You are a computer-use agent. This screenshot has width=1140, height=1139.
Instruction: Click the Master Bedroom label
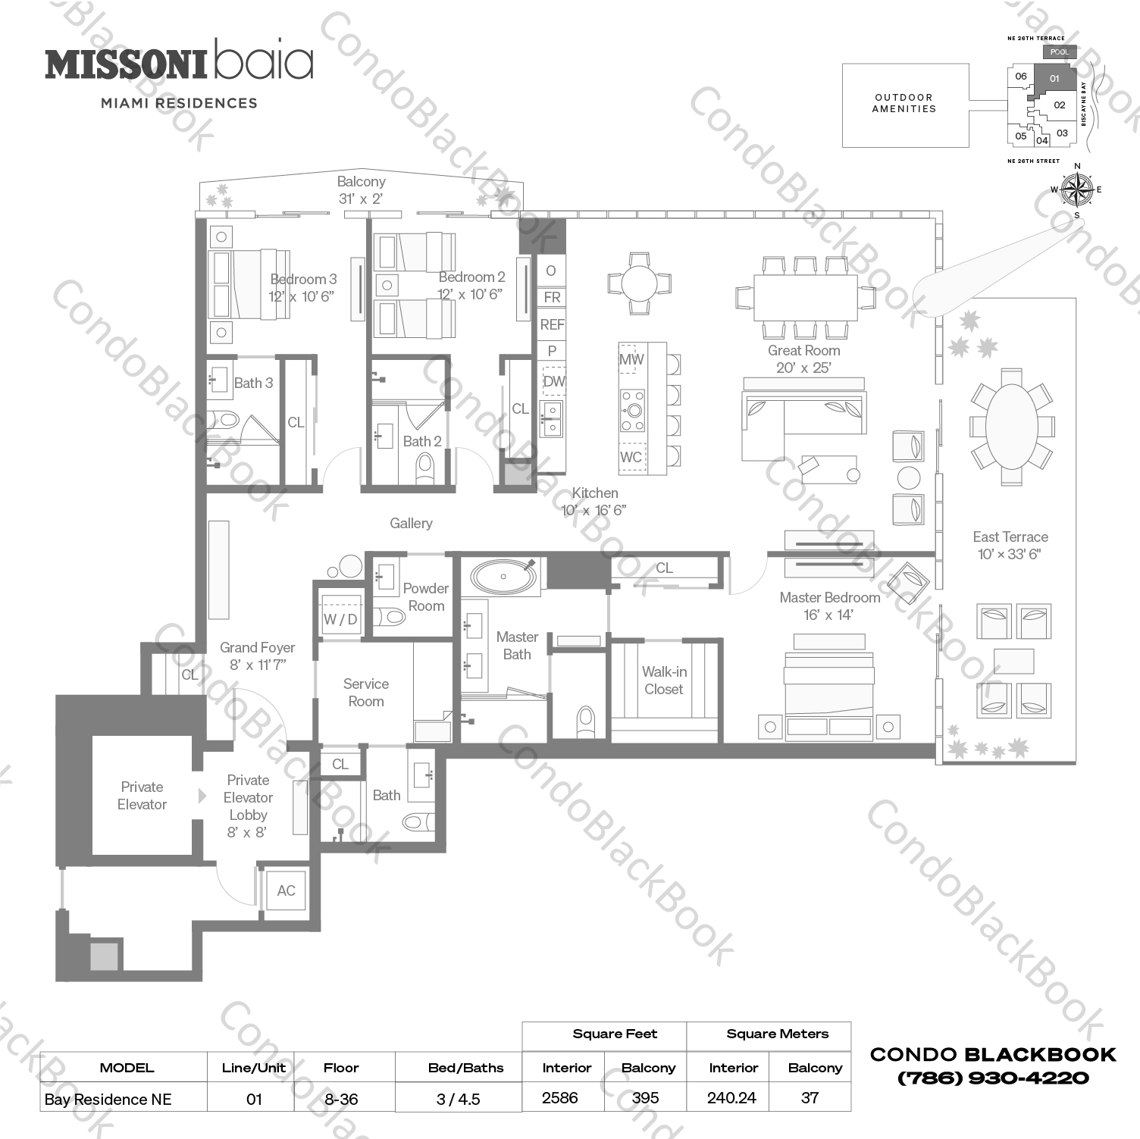click(x=829, y=598)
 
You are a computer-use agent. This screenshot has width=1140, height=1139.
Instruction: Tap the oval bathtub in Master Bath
click(x=503, y=577)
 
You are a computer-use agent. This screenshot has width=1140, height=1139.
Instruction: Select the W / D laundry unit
click(x=340, y=618)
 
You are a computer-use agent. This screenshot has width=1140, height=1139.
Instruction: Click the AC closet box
click(x=286, y=890)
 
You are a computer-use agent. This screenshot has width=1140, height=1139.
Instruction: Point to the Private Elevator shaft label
click(x=142, y=796)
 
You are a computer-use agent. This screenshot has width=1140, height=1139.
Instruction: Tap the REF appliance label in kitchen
click(x=552, y=324)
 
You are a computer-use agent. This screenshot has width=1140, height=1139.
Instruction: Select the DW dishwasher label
click(x=554, y=381)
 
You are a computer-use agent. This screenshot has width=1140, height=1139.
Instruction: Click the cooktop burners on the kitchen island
click(x=632, y=410)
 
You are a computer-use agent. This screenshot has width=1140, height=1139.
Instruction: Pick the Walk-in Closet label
click(x=664, y=681)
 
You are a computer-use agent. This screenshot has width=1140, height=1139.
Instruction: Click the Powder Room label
click(x=426, y=597)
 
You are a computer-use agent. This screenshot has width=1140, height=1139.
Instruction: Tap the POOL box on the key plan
click(x=1060, y=52)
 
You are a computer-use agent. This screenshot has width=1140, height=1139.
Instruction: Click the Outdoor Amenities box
click(x=905, y=105)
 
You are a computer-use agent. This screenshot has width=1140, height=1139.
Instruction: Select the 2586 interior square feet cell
click(x=560, y=1098)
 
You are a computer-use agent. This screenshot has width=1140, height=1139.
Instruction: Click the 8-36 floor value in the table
click(x=341, y=1099)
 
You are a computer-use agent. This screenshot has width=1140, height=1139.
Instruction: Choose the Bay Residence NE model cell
click(x=108, y=1100)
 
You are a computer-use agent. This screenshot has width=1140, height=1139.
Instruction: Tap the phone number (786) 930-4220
click(x=993, y=1078)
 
